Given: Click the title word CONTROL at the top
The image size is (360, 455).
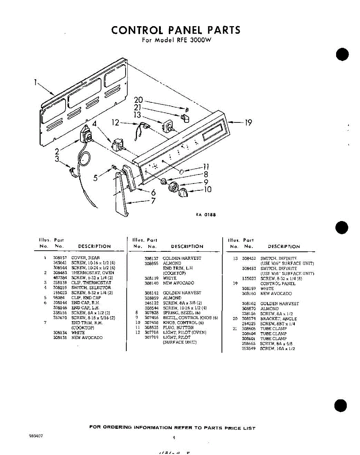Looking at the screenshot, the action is coord(137,30).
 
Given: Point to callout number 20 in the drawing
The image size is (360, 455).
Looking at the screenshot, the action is coord(138,100).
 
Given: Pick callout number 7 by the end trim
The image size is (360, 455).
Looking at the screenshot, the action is coord(153,201).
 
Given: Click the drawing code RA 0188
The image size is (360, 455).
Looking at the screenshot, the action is coord(206,215).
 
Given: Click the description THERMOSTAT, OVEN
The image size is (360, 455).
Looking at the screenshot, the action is coord(93,273).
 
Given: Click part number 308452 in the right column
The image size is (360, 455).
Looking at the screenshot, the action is coord(248,258).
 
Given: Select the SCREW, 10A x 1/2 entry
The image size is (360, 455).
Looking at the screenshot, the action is coord(277,348).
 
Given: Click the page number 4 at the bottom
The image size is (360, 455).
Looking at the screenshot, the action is coord(174,437).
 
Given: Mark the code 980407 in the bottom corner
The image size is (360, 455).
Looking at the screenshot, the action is coord(36,436).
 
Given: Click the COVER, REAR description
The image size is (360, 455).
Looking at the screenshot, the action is coord(86,258).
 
